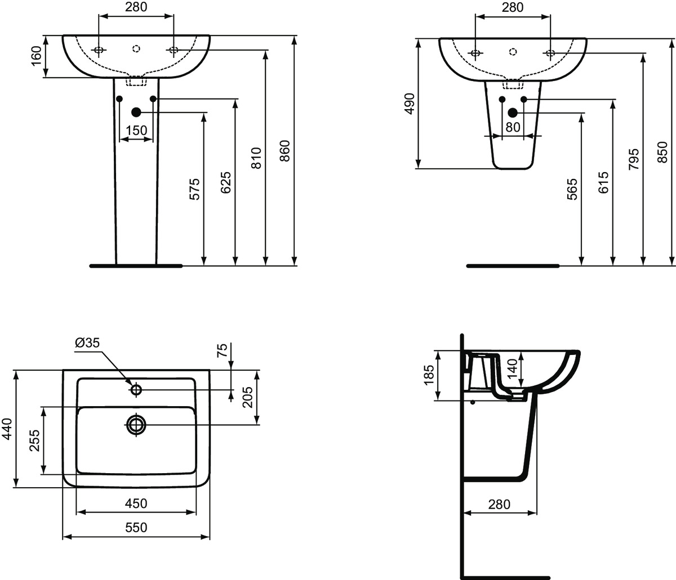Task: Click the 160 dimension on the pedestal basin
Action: click(36, 56)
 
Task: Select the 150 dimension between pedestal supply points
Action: click(136, 131)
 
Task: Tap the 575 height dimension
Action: click(194, 190)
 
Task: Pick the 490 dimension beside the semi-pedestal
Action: click(410, 104)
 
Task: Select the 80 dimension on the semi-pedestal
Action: click(512, 127)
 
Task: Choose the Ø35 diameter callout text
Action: click(87, 342)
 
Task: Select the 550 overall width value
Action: click(136, 527)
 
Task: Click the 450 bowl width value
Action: click(136, 503)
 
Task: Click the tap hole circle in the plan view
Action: click(136, 389)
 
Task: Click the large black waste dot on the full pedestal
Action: click(136, 112)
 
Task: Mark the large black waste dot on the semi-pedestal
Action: click(512, 113)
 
